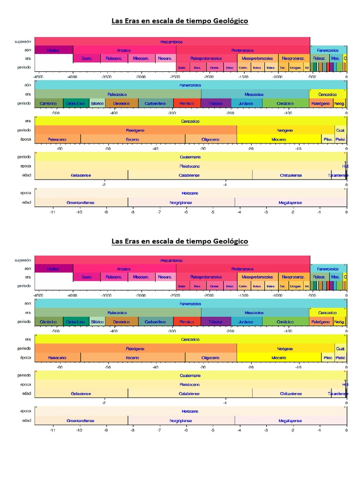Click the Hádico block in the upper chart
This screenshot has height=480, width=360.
[53, 50]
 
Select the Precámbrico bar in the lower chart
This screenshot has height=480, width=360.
[172, 260]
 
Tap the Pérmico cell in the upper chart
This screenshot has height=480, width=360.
[187, 103]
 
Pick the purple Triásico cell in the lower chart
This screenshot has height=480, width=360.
[216, 322]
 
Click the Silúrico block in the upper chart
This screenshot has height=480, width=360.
[97, 103]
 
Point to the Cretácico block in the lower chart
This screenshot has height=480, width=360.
[285, 322]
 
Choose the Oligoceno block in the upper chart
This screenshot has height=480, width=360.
[210, 139]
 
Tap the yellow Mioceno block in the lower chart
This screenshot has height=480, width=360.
[278, 358]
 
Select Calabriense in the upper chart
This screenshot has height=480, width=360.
[189, 175]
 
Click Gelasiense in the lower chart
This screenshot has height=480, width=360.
[81, 394]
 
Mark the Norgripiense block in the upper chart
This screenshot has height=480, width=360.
[181, 202]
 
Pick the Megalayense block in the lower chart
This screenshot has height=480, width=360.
[290, 421]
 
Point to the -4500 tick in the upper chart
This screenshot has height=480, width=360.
[38, 76]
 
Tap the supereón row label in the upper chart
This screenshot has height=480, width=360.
[22, 42]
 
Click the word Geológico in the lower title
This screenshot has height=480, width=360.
[230, 241]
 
